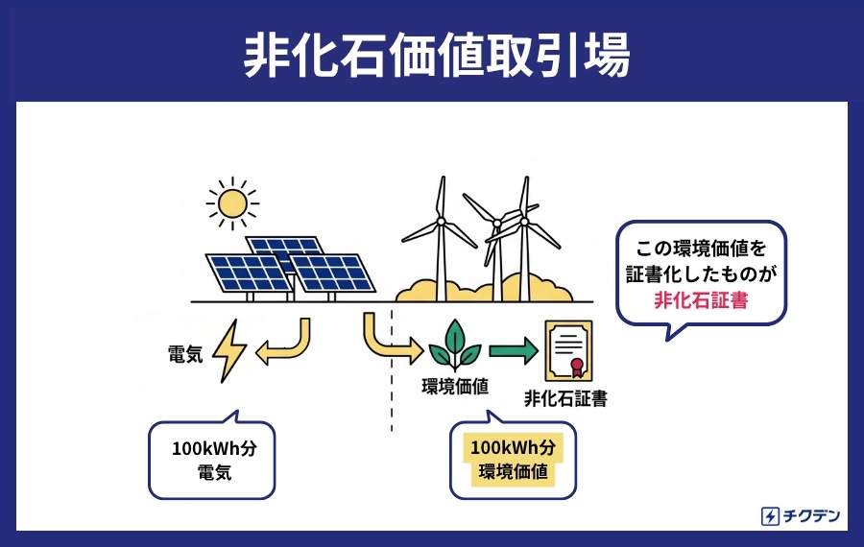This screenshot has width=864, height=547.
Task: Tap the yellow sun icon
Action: pyautogui.click(x=232, y=203)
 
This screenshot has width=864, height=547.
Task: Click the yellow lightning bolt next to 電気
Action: pyautogui.click(x=229, y=351)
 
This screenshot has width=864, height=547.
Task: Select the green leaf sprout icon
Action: pyautogui.click(x=455, y=345)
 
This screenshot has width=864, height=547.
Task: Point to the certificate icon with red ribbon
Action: pyautogui.click(x=568, y=351)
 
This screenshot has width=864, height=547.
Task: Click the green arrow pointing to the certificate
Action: pyautogui.click(x=514, y=350)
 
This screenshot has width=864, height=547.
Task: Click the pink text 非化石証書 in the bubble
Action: pyautogui.click(x=701, y=300)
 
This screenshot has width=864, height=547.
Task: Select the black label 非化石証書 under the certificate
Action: pyautogui.click(x=565, y=398)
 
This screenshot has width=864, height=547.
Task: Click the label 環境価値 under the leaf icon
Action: pyautogui.click(x=455, y=387)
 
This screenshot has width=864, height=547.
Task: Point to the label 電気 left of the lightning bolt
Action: pyautogui.click(x=185, y=354)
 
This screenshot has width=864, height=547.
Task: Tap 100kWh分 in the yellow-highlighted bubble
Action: pyautogui.click(x=513, y=447)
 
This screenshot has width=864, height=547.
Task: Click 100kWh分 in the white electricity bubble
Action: pyautogui.click(x=214, y=448)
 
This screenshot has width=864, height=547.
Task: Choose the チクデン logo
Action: pyautogui.click(x=801, y=516)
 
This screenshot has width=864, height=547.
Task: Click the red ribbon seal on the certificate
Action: pyautogui.click(x=576, y=368)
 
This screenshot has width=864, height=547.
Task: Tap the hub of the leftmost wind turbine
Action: pyautogui.click(x=441, y=222)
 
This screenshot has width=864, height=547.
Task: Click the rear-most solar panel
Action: pyautogui.click(x=285, y=249)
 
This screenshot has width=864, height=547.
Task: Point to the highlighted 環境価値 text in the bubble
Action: pyautogui.click(x=513, y=471)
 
